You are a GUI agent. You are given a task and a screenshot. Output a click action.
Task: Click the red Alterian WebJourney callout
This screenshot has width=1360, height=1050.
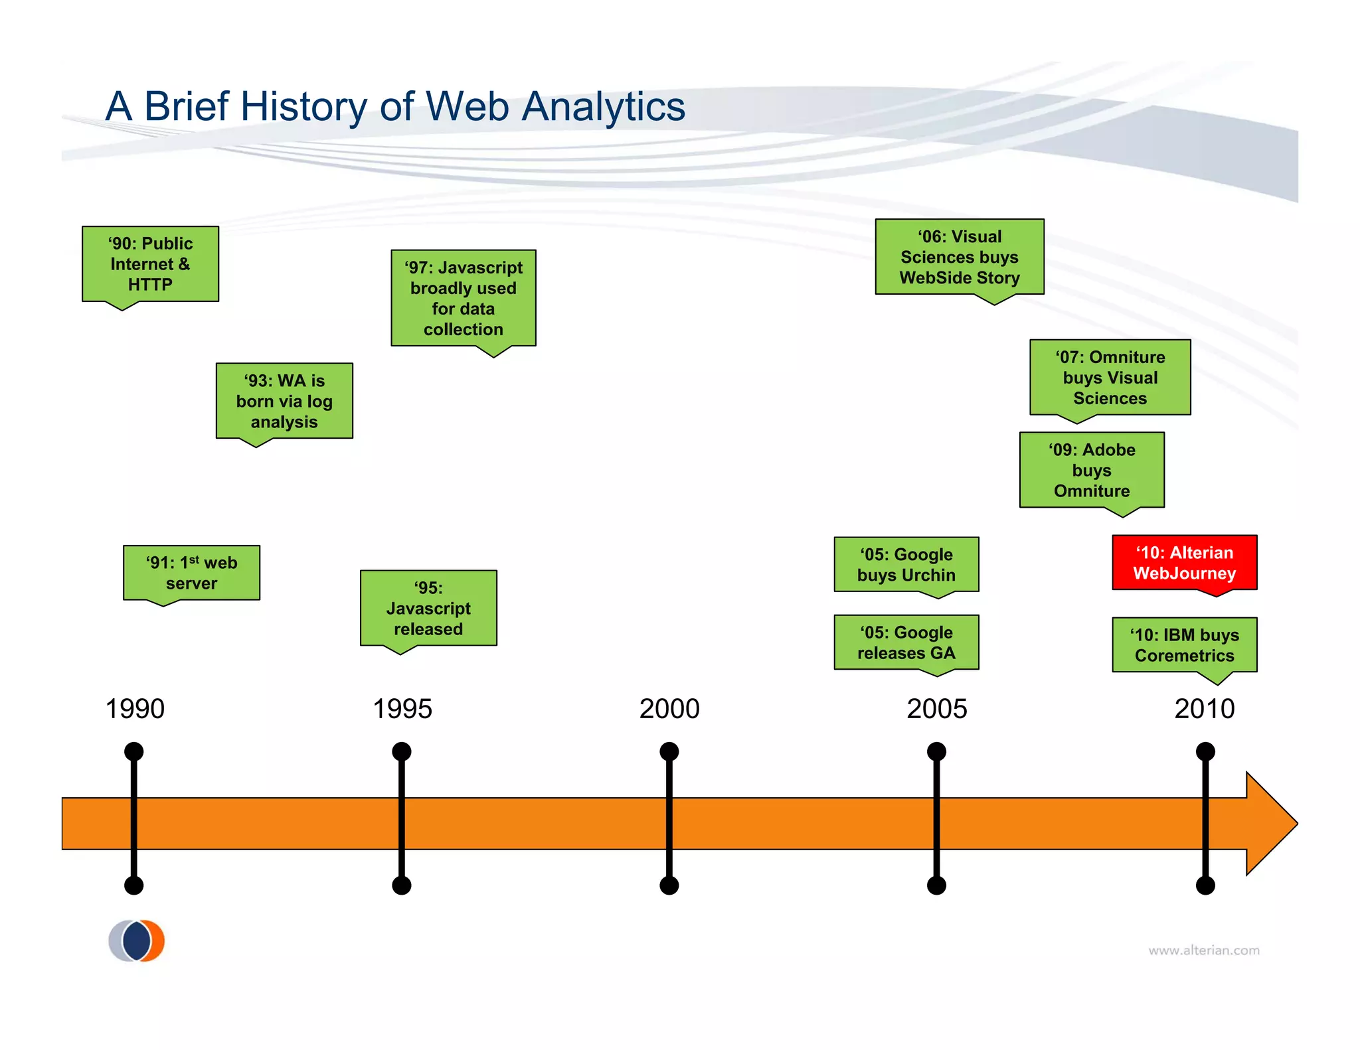tap(1184, 563)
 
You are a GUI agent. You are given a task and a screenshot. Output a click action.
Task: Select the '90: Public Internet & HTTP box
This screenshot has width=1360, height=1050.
tap(150, 264)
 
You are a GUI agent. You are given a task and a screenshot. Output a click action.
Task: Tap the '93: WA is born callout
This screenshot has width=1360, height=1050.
tap(284, 401)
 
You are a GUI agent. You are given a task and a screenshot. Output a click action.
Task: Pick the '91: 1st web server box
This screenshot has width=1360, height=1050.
tap(191, 573)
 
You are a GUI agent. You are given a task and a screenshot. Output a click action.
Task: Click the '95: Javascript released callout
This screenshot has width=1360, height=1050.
tap(428, 608)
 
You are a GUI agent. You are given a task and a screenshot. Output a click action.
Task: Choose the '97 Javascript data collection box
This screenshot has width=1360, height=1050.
tap(464, 298)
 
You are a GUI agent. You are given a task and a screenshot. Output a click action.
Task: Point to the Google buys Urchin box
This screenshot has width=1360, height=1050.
tap(906, 565)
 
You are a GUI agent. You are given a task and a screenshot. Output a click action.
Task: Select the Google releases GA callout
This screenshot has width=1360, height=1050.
tap(906, 642)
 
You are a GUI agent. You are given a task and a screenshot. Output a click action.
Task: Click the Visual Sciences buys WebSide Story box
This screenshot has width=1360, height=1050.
tap(960, 257)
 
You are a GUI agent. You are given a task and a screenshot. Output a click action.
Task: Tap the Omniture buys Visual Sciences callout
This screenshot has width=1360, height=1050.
tap(1110, 378)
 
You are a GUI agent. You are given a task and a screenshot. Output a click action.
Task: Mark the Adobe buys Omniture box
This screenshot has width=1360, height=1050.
tap(1092, 470)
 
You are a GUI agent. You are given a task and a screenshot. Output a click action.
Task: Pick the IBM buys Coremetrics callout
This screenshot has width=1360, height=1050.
tap(1184, 645)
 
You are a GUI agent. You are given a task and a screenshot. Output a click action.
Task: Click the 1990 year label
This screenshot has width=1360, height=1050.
tap(135, 709)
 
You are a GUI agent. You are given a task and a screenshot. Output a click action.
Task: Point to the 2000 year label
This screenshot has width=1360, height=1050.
tap(669, 709)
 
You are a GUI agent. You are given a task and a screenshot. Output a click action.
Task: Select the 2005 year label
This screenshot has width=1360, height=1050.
tap(936, 709)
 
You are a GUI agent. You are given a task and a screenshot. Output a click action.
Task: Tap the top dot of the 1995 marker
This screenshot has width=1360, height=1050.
tap(402, 752)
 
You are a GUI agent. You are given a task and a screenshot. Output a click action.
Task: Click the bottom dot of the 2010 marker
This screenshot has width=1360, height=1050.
tap(1205, 885)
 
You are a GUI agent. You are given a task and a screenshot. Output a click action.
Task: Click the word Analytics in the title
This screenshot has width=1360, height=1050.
tap(603, 106)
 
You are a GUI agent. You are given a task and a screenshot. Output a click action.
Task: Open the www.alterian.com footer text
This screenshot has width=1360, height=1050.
tap(1204, 950)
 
